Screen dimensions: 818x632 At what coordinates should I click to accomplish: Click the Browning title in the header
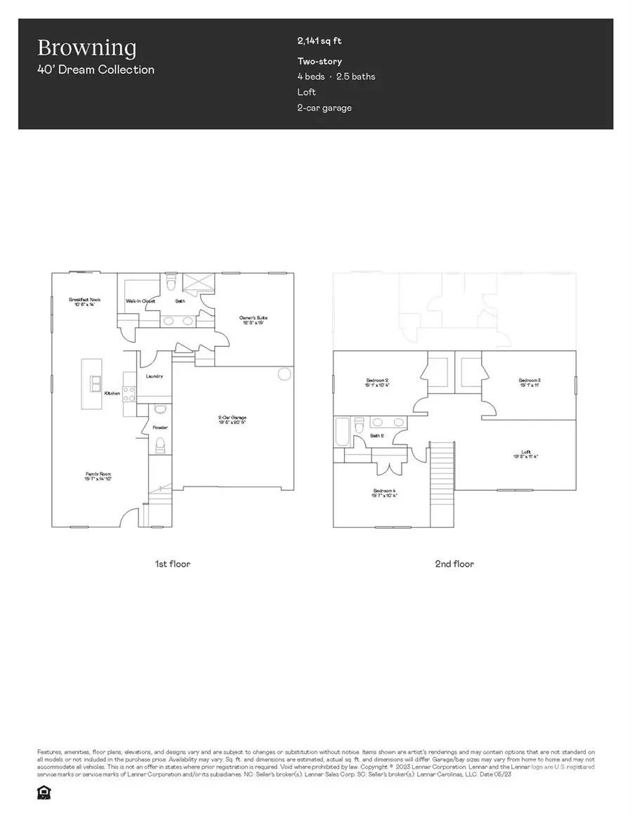pyautogui.click(x=86, y=48)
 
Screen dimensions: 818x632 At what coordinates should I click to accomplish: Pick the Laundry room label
pyautogui.click(x=154, y=376)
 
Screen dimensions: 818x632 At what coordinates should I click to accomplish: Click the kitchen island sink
pyautogui.click(x=95, y=384)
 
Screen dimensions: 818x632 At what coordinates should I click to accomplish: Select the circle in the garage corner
pyautogui.click(x=284, y=374)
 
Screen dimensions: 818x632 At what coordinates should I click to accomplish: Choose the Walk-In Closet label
pyautogui.click(x=140, y=301)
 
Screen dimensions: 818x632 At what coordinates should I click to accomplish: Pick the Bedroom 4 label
pyautogui.click(x=383, y=492)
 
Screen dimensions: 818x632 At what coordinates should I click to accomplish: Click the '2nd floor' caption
pyautogui.click(x=454, y=564)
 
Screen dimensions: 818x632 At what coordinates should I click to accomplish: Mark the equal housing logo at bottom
pyautogui.click(x=43, y=791)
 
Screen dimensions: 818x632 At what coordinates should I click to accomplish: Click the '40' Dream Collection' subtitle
pyautogui.click(x=96, y=70)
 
